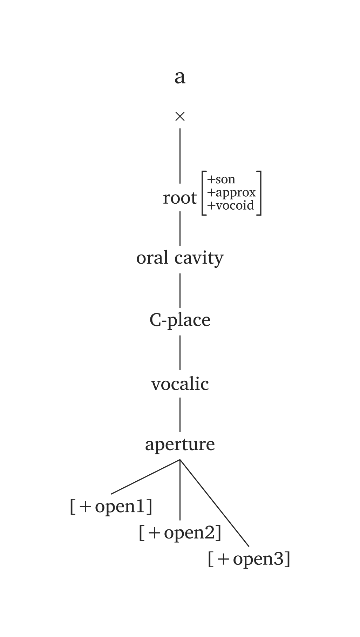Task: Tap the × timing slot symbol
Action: click(180, 116)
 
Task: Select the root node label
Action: click(180, 198)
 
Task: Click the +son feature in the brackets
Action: click(221, 179)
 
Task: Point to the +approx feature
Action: click(231, 192)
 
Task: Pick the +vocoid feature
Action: click(230, 205)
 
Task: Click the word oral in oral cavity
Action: click(152, 258)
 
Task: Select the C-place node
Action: click(180, 320)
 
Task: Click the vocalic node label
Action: click(180, 384)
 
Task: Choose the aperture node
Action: click(180, 445)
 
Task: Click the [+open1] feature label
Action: click(111, 507)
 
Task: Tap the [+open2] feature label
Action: click(180, 533)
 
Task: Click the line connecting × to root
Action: click(180, 156)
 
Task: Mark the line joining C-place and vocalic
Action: click(180, 352)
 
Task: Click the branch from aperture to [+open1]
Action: click(145, 477)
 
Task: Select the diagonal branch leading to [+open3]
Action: click(215, 503)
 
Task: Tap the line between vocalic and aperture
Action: click(180, 415)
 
